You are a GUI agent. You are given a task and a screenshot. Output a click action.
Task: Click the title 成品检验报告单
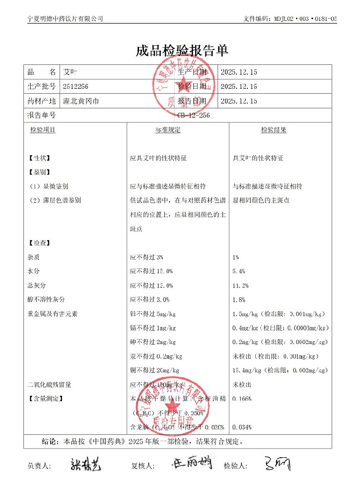point(182,51)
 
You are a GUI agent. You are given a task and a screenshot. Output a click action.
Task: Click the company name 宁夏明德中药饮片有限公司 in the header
point(65,19)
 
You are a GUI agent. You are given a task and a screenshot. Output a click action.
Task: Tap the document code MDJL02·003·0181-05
point(290,19)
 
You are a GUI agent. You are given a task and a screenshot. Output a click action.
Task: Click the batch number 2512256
point(76,87)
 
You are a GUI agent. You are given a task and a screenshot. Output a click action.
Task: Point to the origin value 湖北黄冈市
point(81,102)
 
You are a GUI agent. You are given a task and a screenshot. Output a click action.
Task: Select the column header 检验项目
point(43,130)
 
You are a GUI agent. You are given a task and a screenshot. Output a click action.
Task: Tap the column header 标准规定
point(168,130)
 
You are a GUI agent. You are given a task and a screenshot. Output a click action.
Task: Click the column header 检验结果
point(274,130)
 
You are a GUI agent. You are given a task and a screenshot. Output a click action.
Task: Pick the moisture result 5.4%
point(239,271)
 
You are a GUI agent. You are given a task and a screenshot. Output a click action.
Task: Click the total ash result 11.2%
point(241,285)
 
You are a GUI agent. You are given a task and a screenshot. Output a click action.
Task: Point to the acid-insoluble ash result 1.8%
point(239,300)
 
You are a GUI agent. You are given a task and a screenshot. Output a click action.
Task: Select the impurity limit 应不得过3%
point(146,257)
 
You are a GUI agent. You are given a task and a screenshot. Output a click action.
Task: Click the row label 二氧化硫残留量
point(50,385)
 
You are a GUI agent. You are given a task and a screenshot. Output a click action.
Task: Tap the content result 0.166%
point(242,399)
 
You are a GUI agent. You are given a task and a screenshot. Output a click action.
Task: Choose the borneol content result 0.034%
point(242,427)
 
